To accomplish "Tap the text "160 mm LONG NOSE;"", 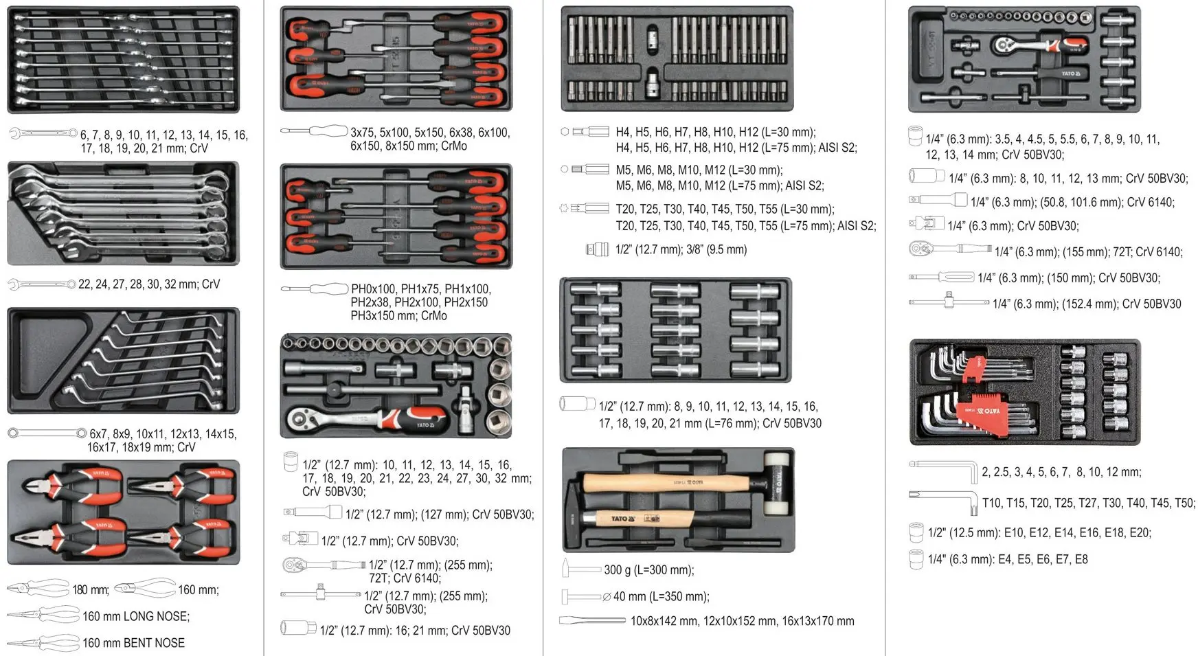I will tap(136, 616).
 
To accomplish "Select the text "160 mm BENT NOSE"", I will tap(133, 643).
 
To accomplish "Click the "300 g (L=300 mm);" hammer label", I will tap(648, 569).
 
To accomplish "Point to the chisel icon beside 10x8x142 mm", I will tap(583, 620).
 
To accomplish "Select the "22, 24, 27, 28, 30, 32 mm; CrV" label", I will tap(148, 284).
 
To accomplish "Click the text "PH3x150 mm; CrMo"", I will tap(398, 316).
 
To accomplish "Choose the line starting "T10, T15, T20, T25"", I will tap(1088, 503).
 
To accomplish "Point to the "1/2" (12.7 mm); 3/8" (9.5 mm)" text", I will tap(681, 249).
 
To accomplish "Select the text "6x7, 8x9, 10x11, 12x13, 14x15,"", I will tap(162, 434).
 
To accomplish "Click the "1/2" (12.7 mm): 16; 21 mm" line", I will tap(415, 630).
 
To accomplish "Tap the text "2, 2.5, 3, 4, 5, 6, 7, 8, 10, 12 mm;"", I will tap(1061, 472).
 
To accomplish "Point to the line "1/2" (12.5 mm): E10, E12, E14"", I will tap(1039, 532).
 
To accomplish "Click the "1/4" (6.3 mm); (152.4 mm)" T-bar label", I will tap(1086, 304).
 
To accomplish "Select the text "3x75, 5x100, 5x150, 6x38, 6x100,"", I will tap(430, 133).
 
